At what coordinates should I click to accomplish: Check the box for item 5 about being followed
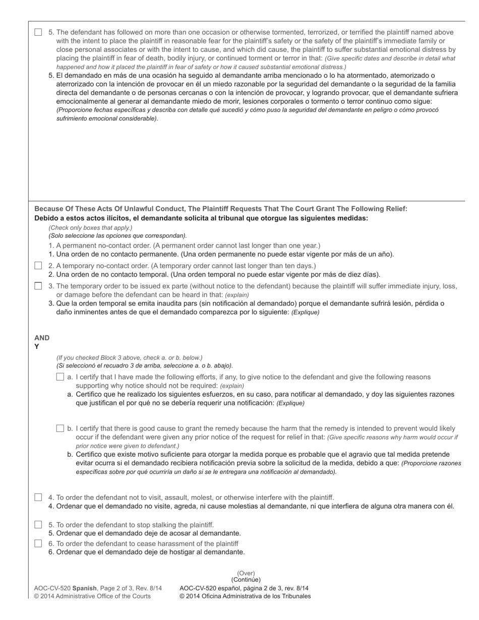click(x=38, y=32)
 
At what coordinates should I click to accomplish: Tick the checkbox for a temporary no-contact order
click(x=38, y=266)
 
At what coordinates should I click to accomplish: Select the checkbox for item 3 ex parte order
click(x=38, y=286)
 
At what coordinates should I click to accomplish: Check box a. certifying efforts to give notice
click(x=61, y=377)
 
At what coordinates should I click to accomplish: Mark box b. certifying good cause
click(x=61, y=428)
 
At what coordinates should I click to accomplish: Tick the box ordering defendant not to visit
click(x=38, y=498)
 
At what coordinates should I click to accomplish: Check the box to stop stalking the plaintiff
click(x=38, y=525)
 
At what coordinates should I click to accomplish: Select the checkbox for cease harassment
click(x=38, y=543)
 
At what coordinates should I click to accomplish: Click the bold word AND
click(x=42, y=338)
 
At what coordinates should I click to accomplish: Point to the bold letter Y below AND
click(x=37, y=347)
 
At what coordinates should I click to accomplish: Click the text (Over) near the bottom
click(x=246, y=573)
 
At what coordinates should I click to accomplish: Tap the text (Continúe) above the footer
click(x=246, y=580)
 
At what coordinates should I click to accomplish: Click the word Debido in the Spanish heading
click(x=46, y=218)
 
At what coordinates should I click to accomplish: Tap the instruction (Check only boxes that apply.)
click(x=91, y=228)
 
